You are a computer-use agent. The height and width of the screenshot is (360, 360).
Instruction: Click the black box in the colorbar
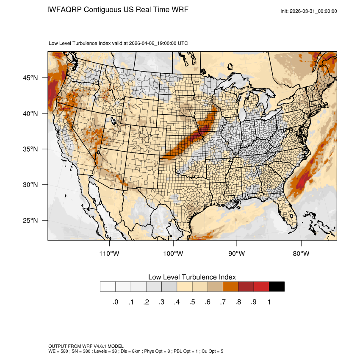pos(277,287)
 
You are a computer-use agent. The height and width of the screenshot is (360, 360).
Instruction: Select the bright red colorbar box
pos(261,287)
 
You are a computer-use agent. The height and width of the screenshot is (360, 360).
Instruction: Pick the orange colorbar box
pos(231,287)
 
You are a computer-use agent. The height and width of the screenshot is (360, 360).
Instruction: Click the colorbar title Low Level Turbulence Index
pos(192,277)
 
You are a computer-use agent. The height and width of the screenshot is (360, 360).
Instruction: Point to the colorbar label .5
pos(192,302)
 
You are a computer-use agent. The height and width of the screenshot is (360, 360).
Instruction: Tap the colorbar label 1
pos(269,302)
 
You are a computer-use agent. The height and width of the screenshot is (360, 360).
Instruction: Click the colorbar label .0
pos(116,302)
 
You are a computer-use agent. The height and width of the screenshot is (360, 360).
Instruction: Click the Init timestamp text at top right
pos(309,11)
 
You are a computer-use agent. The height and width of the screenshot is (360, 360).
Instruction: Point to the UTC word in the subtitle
pos(183,43)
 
